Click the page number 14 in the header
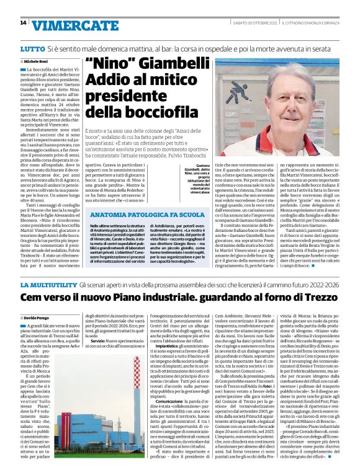point(23,24)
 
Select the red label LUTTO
point(32,48)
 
